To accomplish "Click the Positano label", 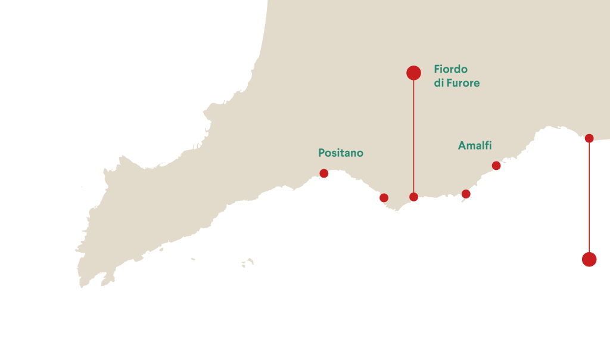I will tap(340, 153).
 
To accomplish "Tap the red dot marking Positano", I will tap(323, 173).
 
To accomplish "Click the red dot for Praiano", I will tap(384, 198).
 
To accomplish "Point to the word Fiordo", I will tap(450, 69).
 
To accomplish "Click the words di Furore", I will tap(456, 83).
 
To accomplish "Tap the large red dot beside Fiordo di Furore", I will tap(413, 73).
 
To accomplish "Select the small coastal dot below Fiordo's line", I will tap(413, 197).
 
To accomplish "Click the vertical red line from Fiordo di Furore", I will tap(413, 137).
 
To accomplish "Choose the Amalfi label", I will tap(475, 146).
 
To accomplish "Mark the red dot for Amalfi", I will tap(496, 166).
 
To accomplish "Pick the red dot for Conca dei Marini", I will tap(466, 194).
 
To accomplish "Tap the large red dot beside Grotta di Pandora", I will tap(589, 259).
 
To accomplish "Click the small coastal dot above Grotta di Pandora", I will tap(589, 138).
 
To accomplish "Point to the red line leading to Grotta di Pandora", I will tap(589, 197).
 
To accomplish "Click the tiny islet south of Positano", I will tap(247, 262).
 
